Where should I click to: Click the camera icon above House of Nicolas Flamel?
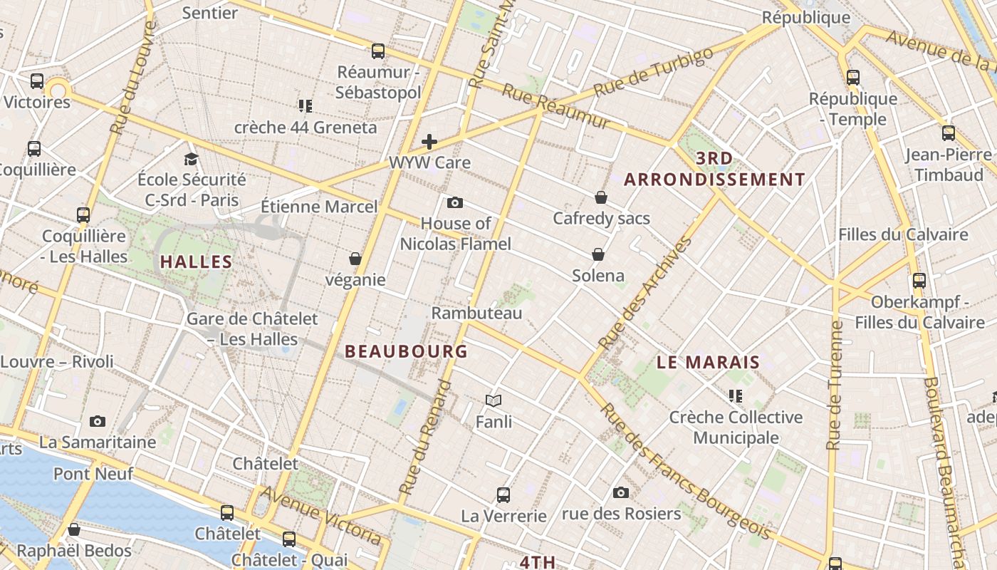click(455, 203)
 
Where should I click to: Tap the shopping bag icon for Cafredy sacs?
click(601, 197)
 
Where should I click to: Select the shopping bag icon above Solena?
click(598, 254)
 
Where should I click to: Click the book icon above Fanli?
click(494, 400)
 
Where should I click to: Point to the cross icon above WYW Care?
click(429, 142)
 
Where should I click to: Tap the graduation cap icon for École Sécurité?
click(191, 159)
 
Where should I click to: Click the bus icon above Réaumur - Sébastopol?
click(378, 51)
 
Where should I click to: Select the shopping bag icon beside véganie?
click(355, 259)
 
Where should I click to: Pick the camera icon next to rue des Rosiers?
click(621, 492)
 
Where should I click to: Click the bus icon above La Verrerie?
click(503, 494)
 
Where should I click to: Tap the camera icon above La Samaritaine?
click(98, 421)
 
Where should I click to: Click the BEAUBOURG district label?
click(406, 351)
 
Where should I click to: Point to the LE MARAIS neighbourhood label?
click(708, 362)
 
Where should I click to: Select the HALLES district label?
click(197, 261)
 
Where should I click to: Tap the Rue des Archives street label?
click(646, 293)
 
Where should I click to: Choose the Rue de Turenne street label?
click(835, 385)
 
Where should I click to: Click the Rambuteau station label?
click(476, 313)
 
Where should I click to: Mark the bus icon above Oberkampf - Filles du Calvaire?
click(919, 280)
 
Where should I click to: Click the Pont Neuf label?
click(83, 474)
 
